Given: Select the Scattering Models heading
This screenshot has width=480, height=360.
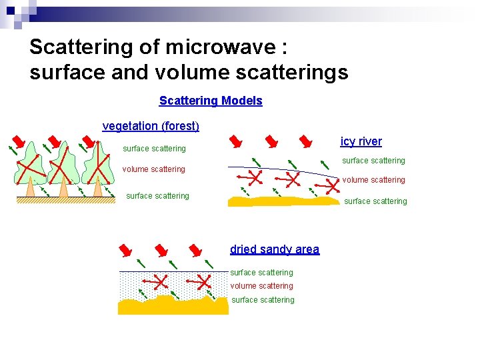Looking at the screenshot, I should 211,101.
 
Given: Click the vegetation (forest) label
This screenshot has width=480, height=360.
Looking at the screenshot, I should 151,126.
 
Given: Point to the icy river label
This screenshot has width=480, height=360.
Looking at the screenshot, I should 361,141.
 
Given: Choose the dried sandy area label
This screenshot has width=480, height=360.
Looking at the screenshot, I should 275,249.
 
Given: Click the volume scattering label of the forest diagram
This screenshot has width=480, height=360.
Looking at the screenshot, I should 153,169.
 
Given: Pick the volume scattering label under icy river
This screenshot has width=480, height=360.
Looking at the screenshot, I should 373,180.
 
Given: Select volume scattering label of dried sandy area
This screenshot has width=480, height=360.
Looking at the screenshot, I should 261,286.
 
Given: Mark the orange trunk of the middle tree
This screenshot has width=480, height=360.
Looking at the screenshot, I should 64,189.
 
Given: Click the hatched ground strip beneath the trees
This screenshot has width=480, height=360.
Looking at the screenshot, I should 66,199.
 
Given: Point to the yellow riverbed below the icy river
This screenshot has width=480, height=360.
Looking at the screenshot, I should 283,201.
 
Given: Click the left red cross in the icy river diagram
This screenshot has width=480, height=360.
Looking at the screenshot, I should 254,177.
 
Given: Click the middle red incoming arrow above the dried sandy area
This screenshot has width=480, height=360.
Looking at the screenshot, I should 160,250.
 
